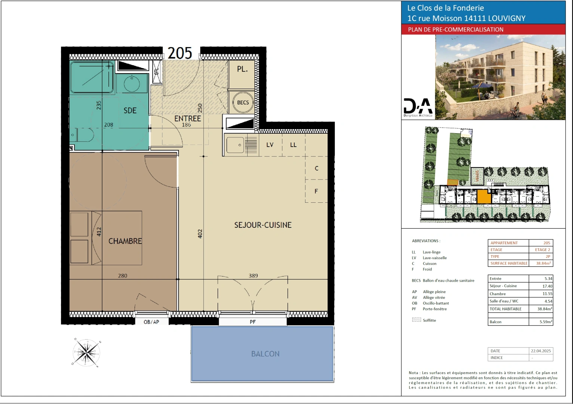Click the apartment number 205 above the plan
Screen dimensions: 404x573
(180, 53)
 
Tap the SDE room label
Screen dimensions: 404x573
(130, 111)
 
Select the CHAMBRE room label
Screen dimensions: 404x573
(125, 241)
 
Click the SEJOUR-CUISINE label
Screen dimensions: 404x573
(263, 225)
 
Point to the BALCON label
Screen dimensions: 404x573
(265, 354)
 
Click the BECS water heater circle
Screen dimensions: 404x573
(243, 102)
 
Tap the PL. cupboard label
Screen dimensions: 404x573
(242, 69)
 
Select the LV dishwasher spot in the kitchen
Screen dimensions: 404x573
(270, 145)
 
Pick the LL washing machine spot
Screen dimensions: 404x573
(293, 145)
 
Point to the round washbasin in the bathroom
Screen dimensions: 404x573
(132, 83)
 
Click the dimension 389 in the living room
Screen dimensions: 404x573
(253, 276)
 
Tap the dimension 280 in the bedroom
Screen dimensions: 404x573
(123, 276)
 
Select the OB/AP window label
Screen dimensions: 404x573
(151, 322)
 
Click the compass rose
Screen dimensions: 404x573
(87, 352)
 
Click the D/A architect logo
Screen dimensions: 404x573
(418, 107)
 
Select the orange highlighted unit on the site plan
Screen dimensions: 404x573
(484, 196)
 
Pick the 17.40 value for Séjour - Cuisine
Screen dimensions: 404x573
(547, 286)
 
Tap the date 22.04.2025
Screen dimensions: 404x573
(541, 351)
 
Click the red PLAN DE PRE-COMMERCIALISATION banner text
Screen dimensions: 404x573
(456, 30)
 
